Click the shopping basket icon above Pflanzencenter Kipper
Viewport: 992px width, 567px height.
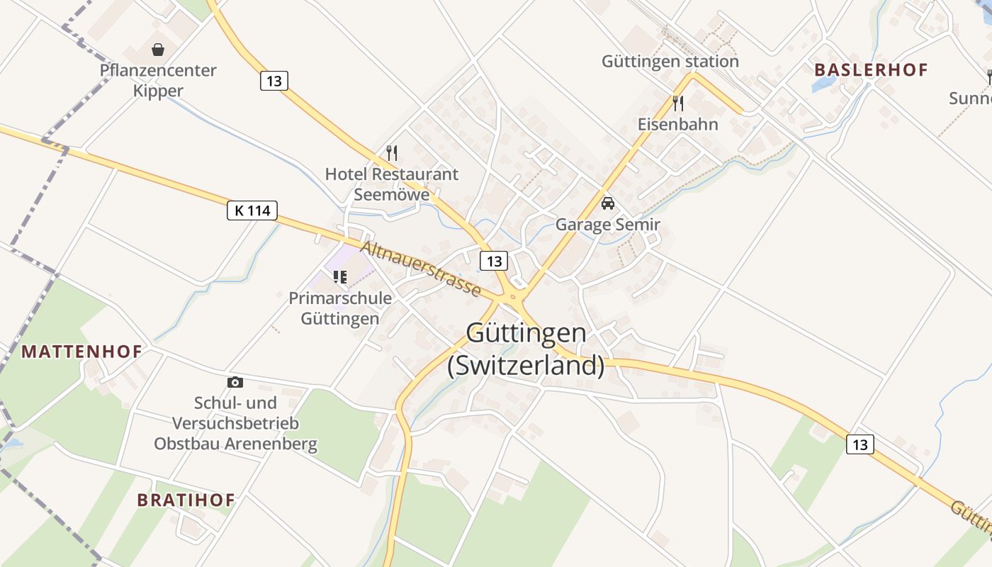(x=158, y=50)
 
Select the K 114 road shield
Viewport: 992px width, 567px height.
(x=252, y=210)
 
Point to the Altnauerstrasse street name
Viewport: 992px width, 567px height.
(x=421, y=269)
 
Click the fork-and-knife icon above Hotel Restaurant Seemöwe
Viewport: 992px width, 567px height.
(x=392, y=152)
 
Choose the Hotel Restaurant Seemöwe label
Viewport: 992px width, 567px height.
(x=392, y=184)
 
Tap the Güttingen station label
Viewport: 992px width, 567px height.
(x=670, y=62)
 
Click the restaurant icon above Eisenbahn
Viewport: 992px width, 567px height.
(x=678, y=103)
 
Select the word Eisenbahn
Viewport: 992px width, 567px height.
(x=678, y=125)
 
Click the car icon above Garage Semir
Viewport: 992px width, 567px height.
(x=607, y=203)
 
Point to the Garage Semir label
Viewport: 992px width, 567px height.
(x=608, y=225)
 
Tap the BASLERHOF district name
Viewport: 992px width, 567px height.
(x=871, y=70)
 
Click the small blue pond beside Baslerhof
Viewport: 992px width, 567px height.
(x=823, y=84)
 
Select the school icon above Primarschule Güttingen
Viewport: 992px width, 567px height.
(x=340, y=276)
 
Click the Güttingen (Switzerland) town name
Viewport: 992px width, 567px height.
(x=526, y=349)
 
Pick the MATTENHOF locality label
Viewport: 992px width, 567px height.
(x=81, y=352)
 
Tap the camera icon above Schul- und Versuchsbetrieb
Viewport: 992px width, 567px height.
(x=235, y=382)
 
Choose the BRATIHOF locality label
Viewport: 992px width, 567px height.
(x=186, y=500)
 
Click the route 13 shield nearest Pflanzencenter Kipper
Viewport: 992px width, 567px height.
(x=274, y=81)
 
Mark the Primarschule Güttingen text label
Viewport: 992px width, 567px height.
(x=340, y=308)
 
